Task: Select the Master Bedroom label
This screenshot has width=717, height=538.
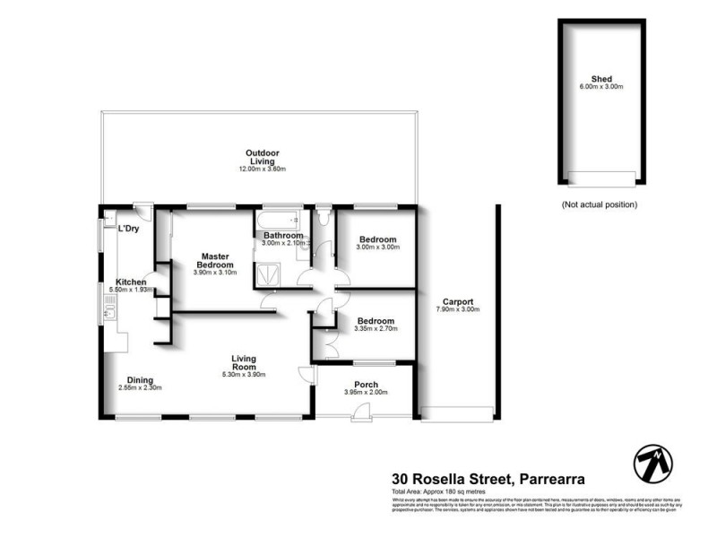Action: click(216, 260)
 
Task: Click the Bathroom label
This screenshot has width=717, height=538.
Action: click(283, 236)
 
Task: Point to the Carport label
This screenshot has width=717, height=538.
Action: click(458, 302)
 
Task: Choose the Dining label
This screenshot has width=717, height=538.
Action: click(140, 379)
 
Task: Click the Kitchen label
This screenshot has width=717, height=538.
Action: click(131, 282)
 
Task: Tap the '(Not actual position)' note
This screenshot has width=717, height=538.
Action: click(600, 204)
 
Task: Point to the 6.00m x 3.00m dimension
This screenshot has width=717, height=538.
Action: click(600, 87)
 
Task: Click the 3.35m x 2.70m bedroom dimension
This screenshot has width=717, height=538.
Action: click(376, 329)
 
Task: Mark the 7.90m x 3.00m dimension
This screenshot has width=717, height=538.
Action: click(458, 310)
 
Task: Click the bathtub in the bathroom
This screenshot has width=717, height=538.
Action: click(278, 219)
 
